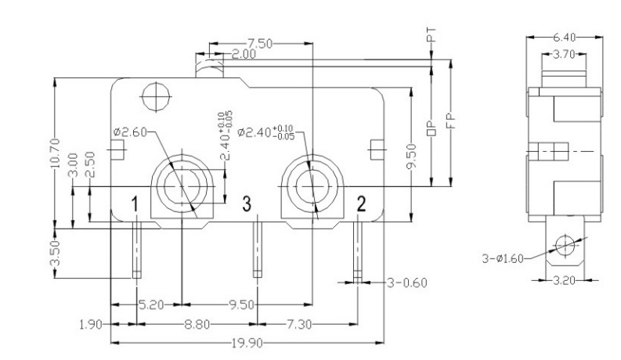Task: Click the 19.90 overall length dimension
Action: [247, 343]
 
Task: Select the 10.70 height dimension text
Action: [56, 153]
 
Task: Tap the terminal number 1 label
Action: [135, 204]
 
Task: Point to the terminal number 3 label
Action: [247, 204]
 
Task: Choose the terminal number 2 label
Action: [361, 204]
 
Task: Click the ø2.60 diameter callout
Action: [130, 131]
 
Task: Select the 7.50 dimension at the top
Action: [260, 44]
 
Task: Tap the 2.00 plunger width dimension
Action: [244, 54]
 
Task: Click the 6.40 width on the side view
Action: [564, 38]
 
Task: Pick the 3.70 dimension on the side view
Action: [564, 54]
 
